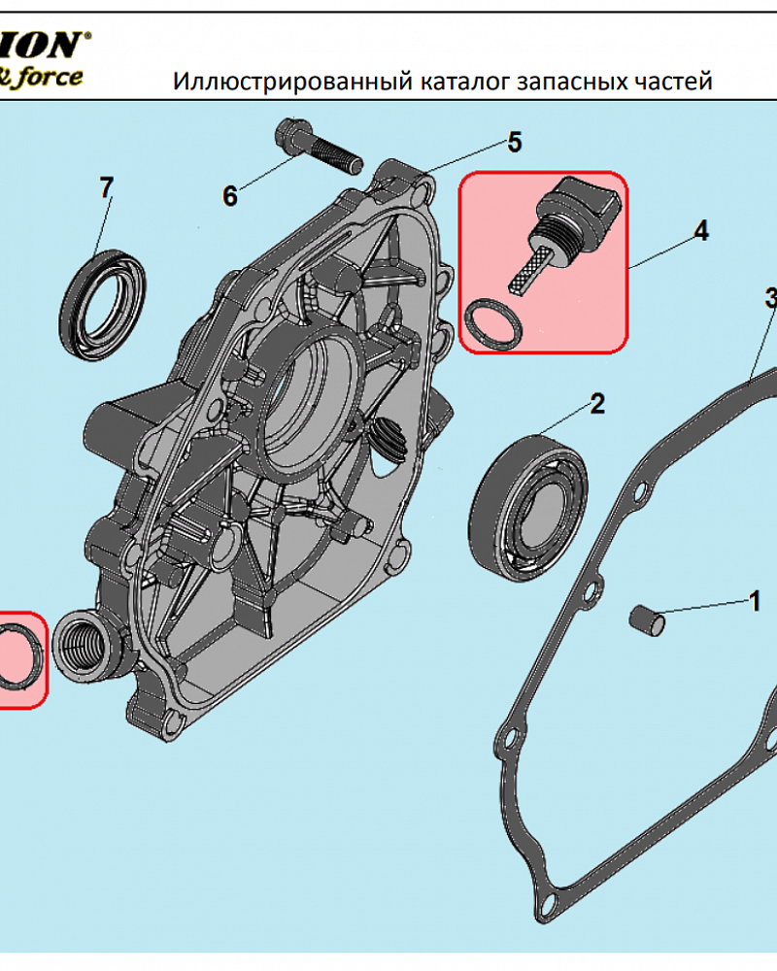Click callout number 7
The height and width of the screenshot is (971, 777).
click(x=107, y=186)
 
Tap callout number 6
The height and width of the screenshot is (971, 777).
click(x=229, y=196)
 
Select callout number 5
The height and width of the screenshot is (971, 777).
click(x=514, y=143)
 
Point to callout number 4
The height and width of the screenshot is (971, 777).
click(x=700, y=231)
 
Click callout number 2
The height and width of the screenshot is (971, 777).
click(x=596, y=403)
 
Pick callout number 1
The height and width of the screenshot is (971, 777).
click(x=754, y=602)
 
